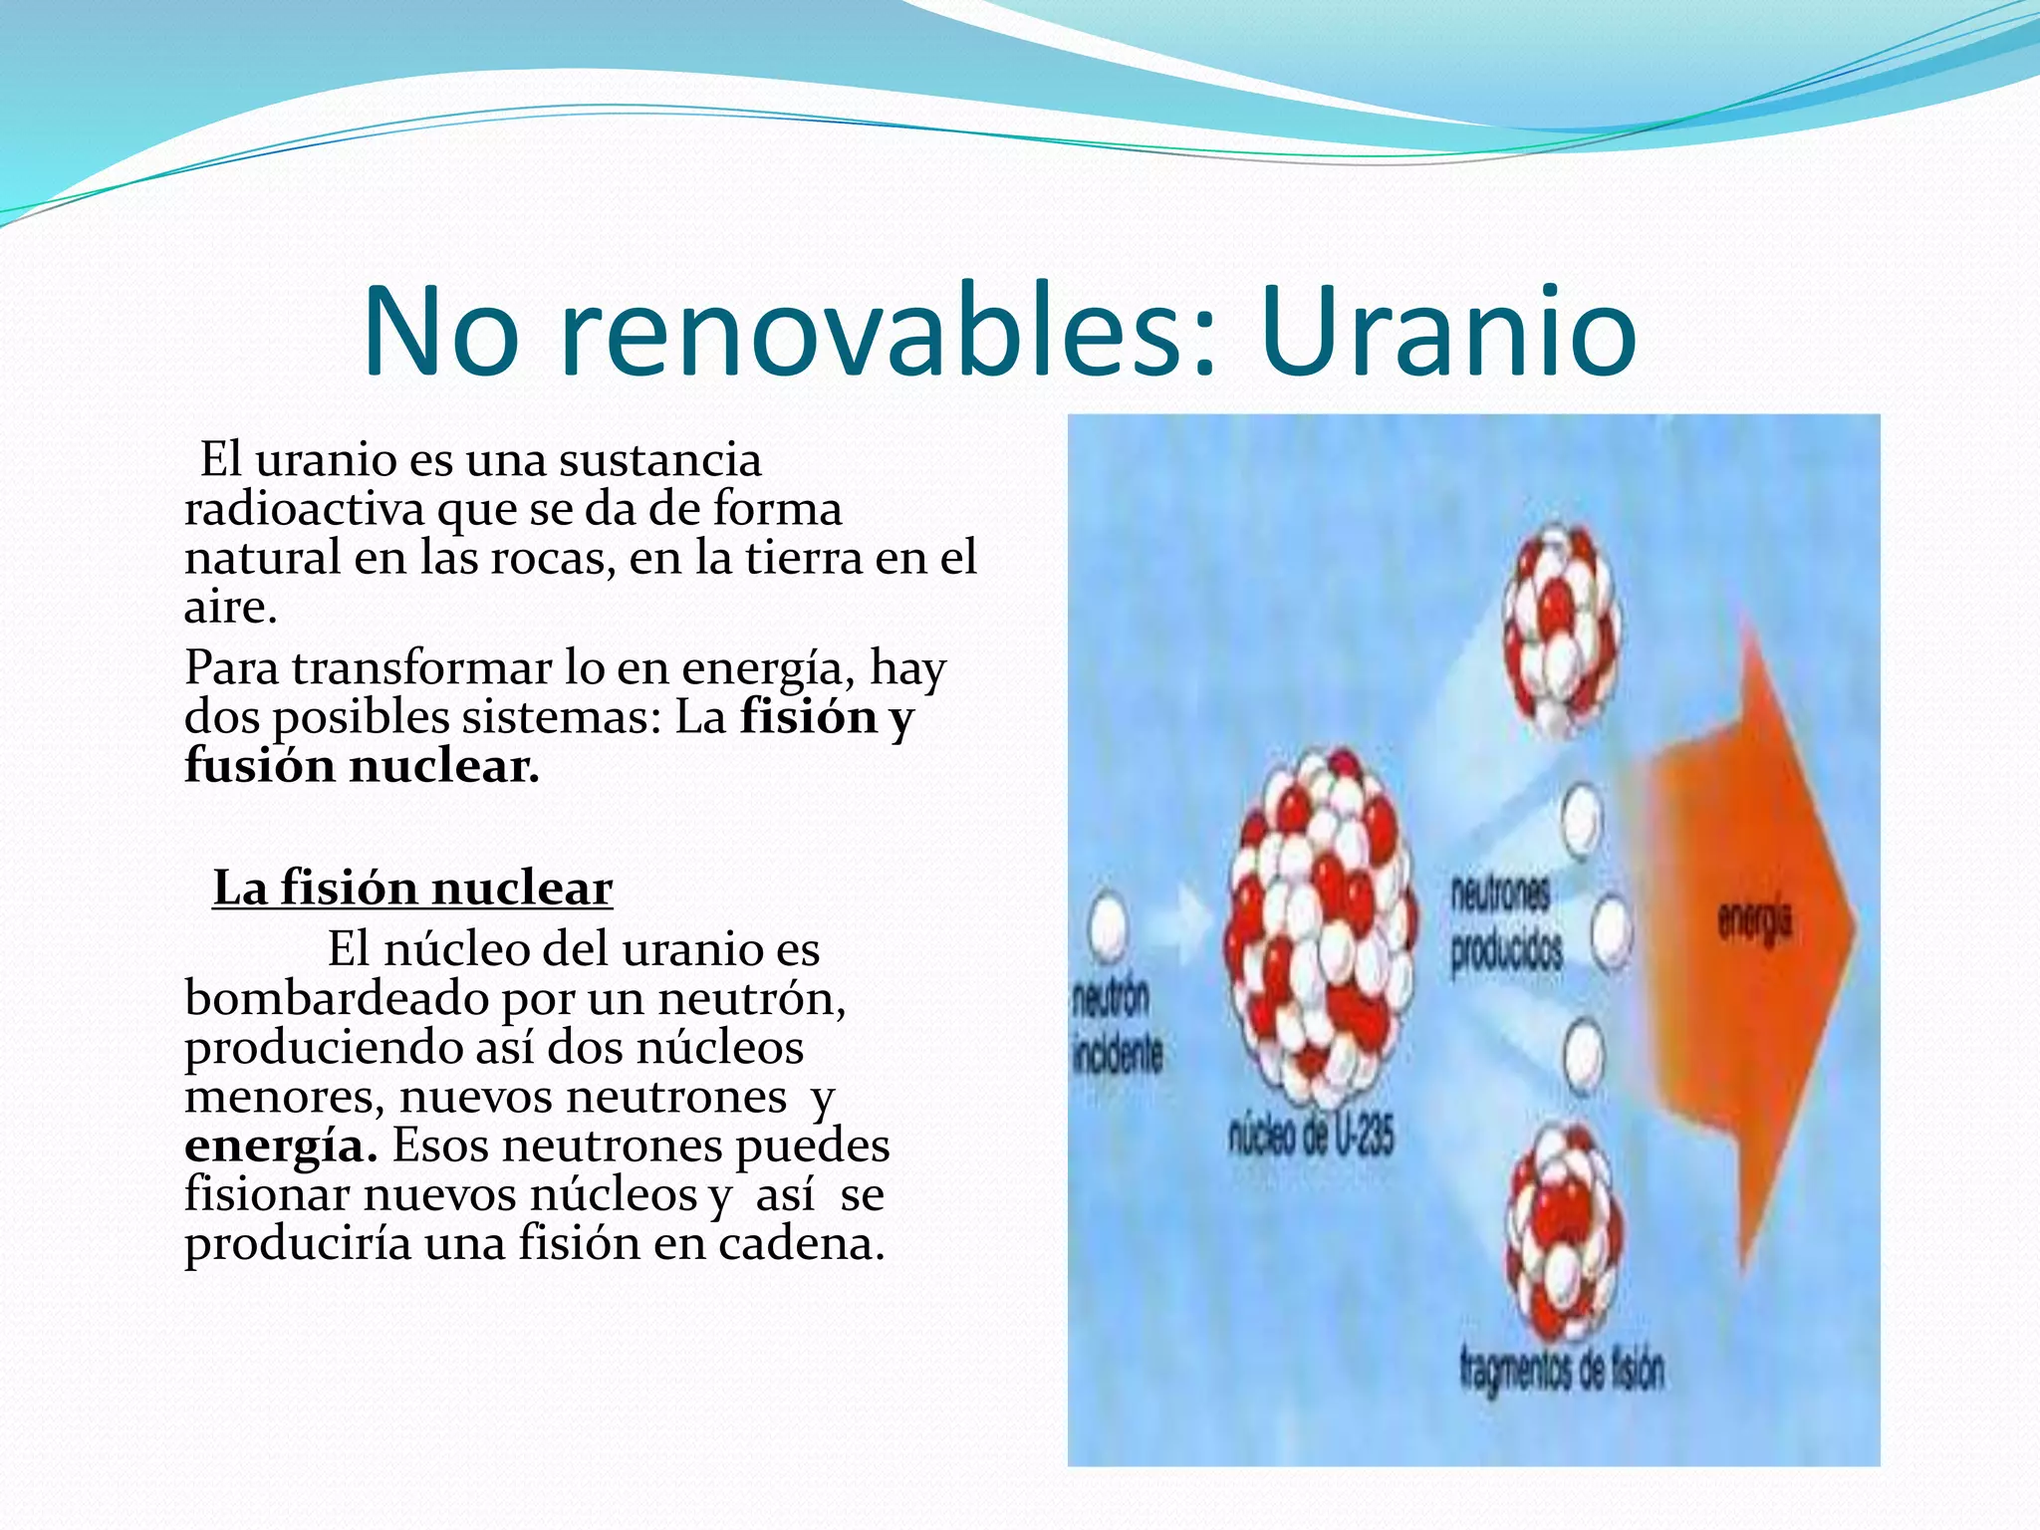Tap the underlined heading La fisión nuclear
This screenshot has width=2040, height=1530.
(412, 888)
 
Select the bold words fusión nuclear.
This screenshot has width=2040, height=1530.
(362, 766)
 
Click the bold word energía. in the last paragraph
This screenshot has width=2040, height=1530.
(281, 1146)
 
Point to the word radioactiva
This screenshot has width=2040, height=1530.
(305, 509)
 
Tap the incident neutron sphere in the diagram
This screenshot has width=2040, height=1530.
(1106, 926)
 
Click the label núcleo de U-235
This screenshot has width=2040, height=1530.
(1311, 1137)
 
